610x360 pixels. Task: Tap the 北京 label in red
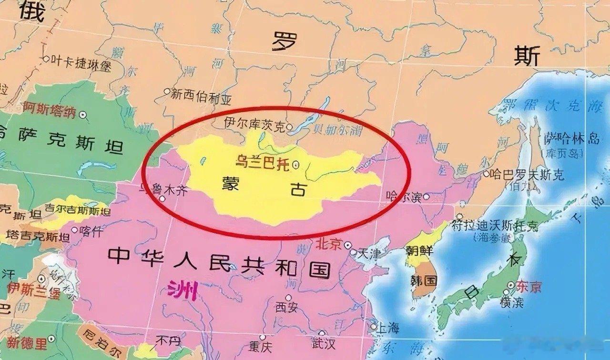click(x=328, y=245)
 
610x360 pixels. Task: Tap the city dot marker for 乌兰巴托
click(x=295, y=165)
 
